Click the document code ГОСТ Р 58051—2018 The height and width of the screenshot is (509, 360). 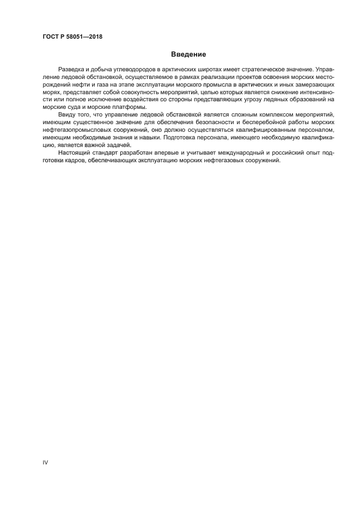click(72, 37)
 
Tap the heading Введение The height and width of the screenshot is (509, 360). click(188, 54)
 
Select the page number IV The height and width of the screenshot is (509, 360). click(46, 462)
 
